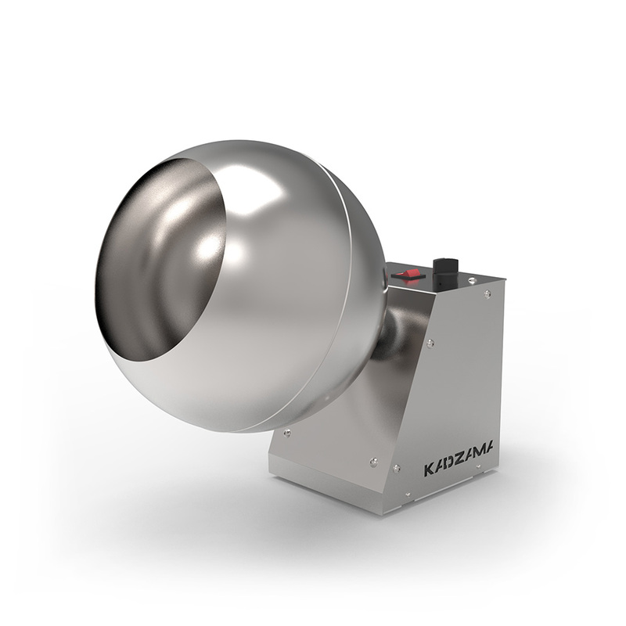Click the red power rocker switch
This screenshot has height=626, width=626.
(x=405, y=275)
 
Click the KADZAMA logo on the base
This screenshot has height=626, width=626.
(x=458, y=458)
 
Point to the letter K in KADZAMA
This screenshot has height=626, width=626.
(x=428, y=469)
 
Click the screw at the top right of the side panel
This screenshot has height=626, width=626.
(x=487, y=295)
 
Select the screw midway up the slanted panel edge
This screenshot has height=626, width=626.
(x=429, y=342)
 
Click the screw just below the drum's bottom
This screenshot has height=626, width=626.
(x=286, y=434)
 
